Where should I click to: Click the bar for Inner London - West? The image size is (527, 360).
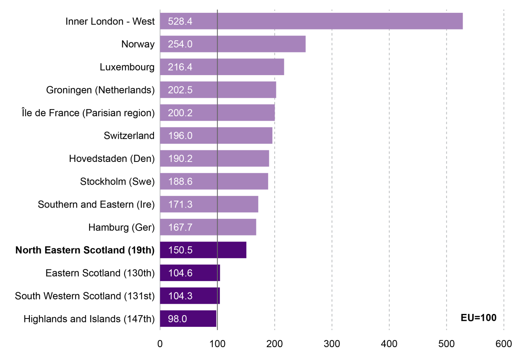point(311,21)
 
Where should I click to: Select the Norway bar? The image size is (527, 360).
point(249,44)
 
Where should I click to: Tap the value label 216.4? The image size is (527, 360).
point(180,67)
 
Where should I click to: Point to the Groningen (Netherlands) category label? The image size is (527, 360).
point(100,90)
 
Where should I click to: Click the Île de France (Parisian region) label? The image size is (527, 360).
point(88,113)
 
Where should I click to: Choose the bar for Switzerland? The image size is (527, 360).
point(232,135)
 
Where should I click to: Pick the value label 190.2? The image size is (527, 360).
point(180,159)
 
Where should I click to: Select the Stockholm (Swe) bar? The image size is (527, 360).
point(232,181)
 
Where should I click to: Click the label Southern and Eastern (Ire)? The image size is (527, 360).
point(96,204)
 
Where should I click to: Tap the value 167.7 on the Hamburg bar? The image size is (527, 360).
point(180,228)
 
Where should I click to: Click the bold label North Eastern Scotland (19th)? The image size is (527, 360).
point(85,250)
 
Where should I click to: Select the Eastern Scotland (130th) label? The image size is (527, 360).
point(100,273)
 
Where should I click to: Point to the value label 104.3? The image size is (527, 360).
point(180,296)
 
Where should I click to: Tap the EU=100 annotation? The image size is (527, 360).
point(478,318)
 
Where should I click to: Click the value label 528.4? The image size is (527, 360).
point(180,21)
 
